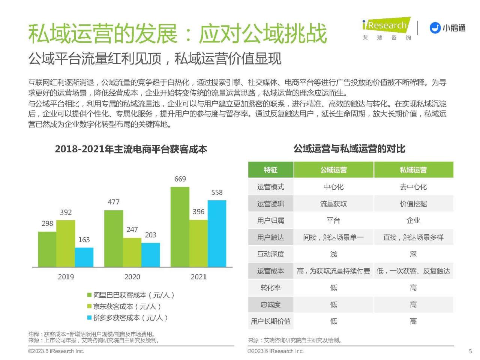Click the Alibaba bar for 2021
click(x=180, y=227)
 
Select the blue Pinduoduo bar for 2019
click(x=84, y=257)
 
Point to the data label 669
click(x=180, y=179)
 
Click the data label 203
click(x=150, y=235)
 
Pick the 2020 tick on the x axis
click(x=132, y=277)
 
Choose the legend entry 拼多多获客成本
click(x=127, y=318)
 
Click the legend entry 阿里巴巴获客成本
click(x=131, y=295)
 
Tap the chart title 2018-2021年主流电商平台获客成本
click(x=131, y=149)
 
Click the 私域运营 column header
click(x=413, y=170)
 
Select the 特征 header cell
click(x=270, y=170)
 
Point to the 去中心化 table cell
click(x=413, y=187)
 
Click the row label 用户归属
click(x=270, y=220)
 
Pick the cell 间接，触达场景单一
click(x=333, y=237)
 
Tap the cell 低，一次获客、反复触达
click(x=413, y=271)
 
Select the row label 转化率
click(x=270, y=288)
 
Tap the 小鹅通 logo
click(x=447, y=28)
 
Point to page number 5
click(x=470, y=351)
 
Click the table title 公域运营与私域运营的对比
click(x=349, y=149)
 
